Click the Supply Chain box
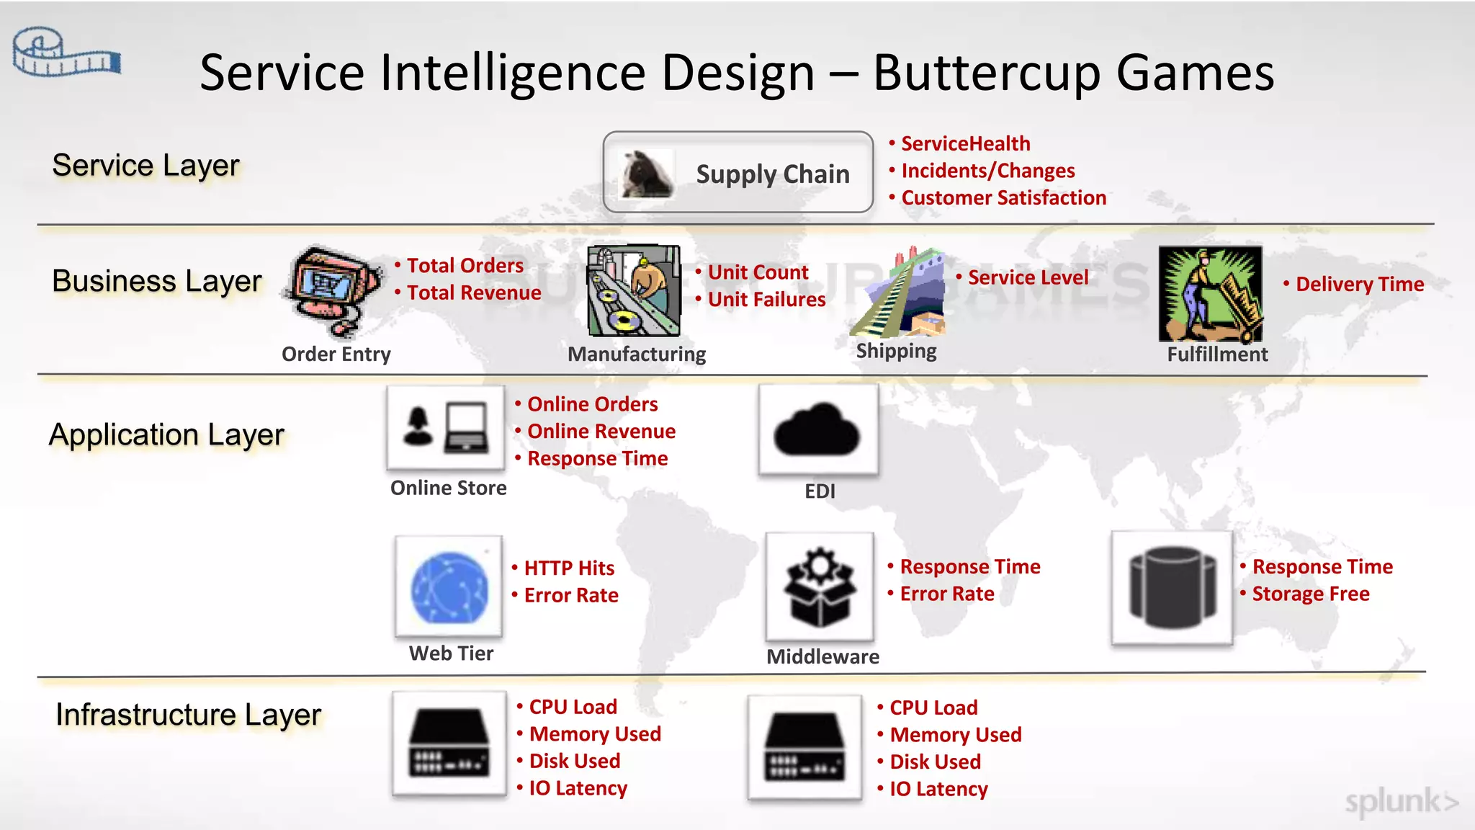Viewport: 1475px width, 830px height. click(x=737, y=172)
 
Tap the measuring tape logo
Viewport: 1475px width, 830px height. click(x=66, y=53)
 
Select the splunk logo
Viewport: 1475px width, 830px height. click(x=1401, y=801)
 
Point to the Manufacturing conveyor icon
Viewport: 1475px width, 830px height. click(x=634, y=290)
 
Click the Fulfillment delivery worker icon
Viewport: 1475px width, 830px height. click(x=1210, y=293)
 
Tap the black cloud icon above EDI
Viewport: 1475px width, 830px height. click(x=818, y=430)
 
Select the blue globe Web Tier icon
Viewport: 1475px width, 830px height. click(x=449, y=587)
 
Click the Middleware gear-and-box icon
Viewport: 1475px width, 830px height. click(x=820, y=587)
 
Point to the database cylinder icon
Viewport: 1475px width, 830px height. click(x=1172, y=587)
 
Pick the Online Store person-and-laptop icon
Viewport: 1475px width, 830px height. click(x=446, y=427)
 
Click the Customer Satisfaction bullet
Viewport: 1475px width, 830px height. click(x=1003, y=198)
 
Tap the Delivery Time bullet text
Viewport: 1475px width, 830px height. click(x=1359, y=285)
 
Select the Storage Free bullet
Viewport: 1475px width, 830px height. click(x=1310, y=594)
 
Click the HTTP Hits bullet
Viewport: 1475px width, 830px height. click(x=569, y=568)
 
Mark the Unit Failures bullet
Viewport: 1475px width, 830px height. click(x=766, y=300)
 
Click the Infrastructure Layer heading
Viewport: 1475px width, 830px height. click(x=189, y=715)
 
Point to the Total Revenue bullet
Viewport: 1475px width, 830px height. click(x=474, y=293)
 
